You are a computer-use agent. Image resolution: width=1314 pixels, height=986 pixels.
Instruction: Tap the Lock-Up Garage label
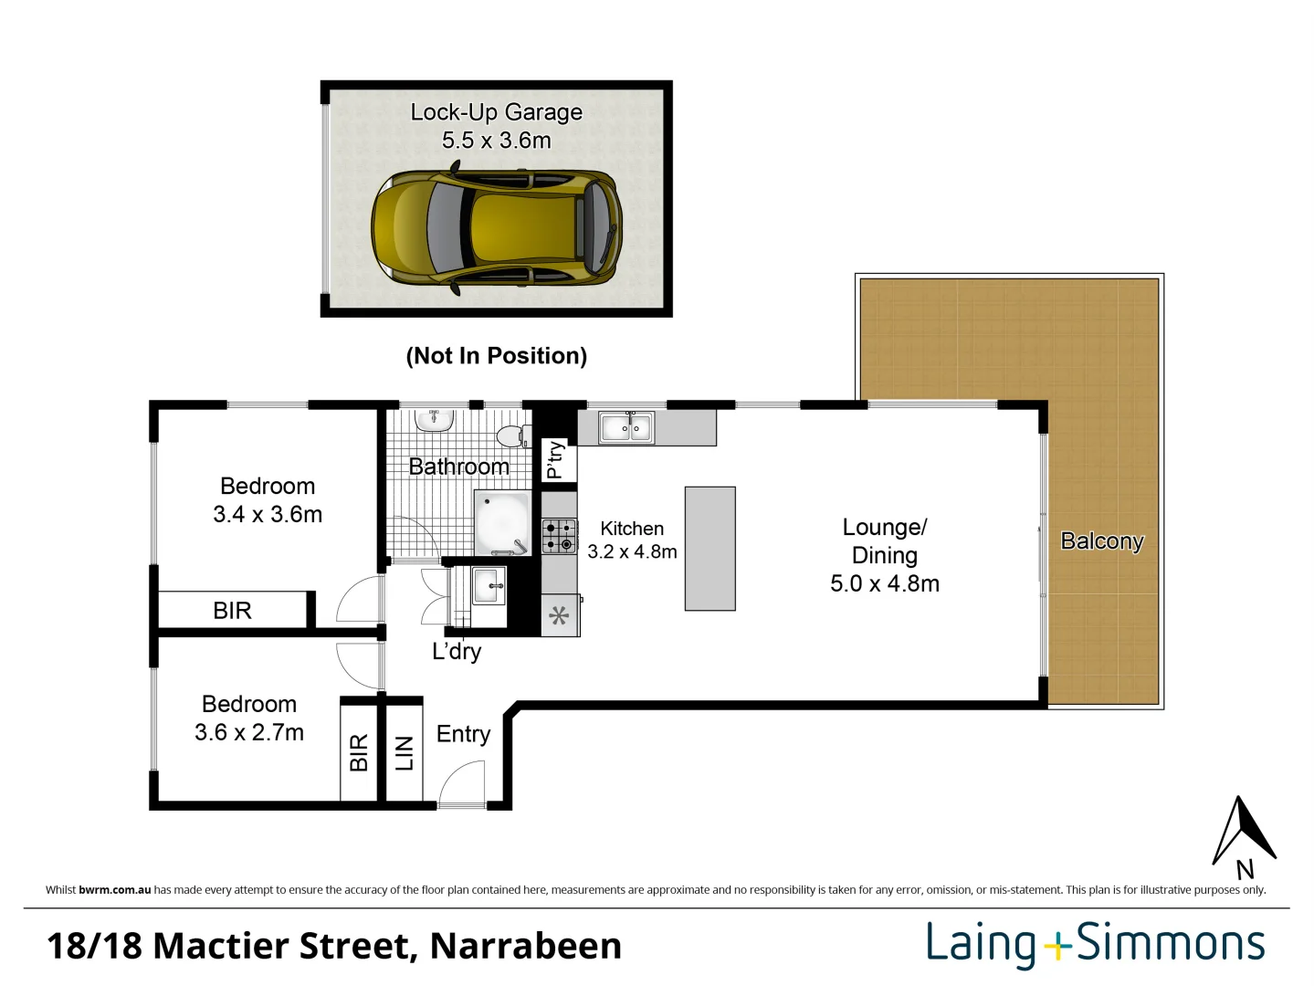[496, 112]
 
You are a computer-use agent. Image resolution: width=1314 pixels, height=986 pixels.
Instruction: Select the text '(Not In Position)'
[496, 356]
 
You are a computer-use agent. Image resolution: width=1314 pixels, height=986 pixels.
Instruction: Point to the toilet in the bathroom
[512, 435]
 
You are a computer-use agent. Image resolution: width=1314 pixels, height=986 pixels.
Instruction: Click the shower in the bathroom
[502, 523]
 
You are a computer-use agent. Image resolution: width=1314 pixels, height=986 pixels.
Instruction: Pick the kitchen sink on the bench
[626, 427]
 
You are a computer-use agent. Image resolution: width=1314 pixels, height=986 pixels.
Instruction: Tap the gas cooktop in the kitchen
[559, 536]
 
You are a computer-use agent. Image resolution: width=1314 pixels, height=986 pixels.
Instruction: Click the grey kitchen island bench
[710, 549]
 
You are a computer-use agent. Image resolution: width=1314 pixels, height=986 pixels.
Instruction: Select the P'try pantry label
[554, 460]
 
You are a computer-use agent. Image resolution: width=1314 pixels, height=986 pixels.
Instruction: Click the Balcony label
[1101, 541]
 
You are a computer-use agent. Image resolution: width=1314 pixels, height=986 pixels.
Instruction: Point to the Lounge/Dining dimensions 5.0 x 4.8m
[884, 584]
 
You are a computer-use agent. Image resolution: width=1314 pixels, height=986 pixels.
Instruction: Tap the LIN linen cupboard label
[405, 754]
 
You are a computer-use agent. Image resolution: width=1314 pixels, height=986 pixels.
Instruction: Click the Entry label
[463, 734]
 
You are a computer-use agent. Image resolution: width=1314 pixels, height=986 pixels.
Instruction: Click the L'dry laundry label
[457, 652]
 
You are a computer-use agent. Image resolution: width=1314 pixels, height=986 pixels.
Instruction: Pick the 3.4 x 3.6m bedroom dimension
[268, 515]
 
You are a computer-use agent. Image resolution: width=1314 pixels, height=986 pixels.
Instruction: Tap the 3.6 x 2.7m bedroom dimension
[249, 733]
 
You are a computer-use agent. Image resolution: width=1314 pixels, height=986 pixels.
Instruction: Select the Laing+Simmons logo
[1095, 944]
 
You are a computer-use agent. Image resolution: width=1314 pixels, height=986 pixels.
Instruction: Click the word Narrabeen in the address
[526, 946]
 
